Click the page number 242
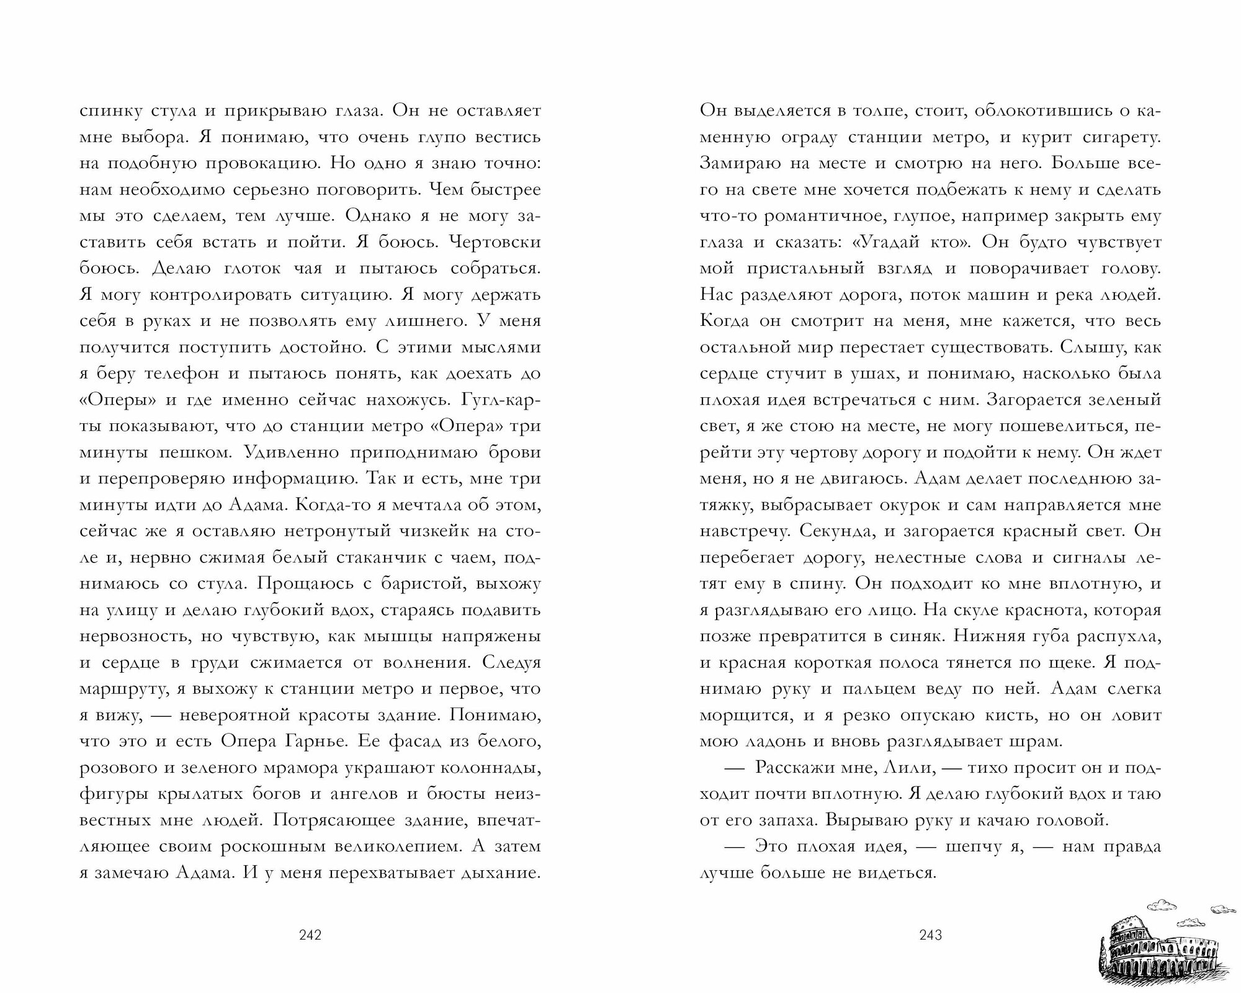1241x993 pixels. point(310,935)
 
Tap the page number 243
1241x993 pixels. point(931,935)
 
